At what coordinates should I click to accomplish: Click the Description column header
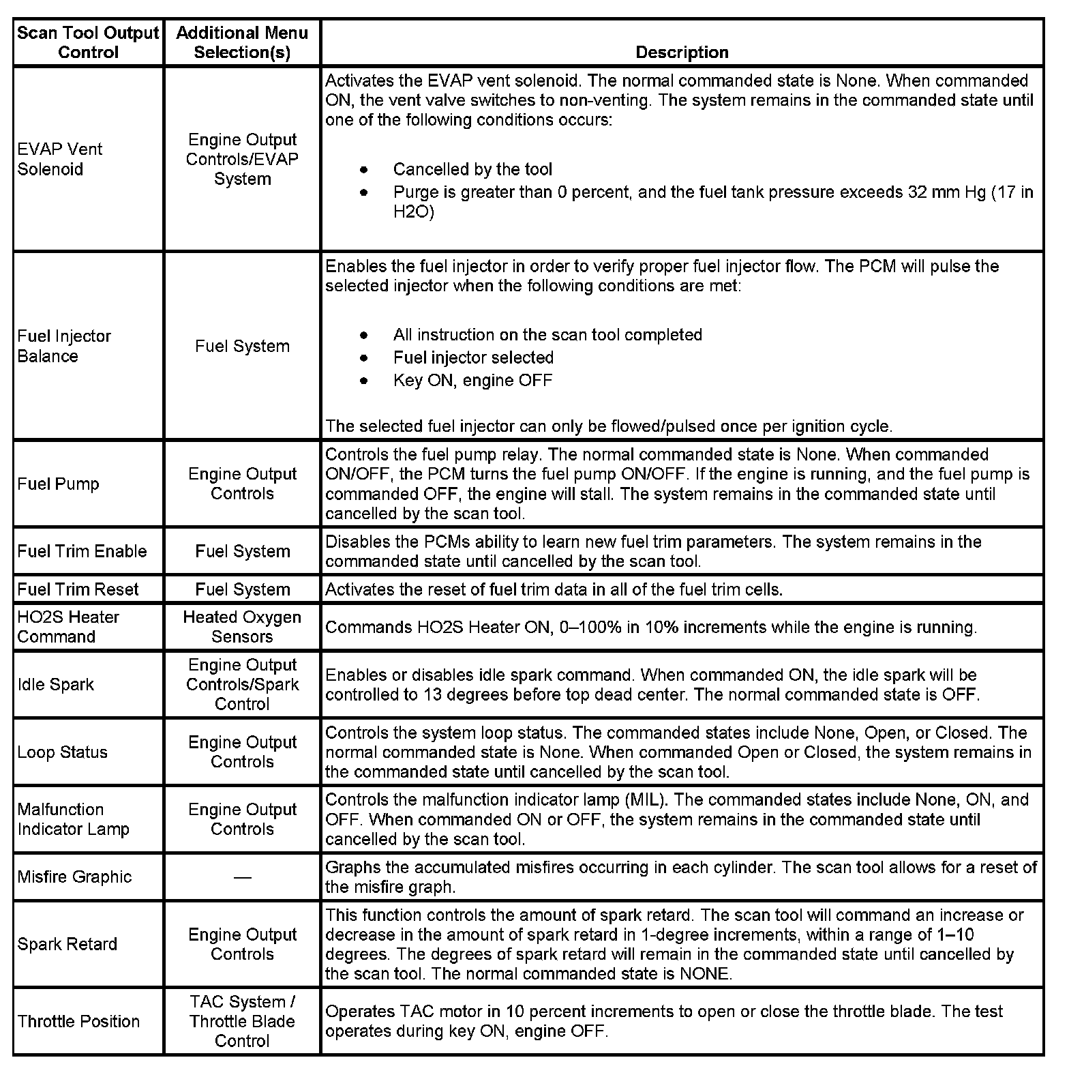[x=682, y=53]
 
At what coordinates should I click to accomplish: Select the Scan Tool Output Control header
[x=88, y=42]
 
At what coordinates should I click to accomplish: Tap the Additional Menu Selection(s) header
[x=242, y=42]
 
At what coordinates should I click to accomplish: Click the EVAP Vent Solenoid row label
[x=60, y=159]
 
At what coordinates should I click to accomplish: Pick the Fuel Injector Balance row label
[x=64, y=346]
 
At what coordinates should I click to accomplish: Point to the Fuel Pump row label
[x=59, y=484]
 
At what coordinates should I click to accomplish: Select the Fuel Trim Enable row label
[x=82, y=551]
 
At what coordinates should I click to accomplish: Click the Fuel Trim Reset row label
[x=78, y=589]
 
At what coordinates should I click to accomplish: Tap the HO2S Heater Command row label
[x=68, y=626]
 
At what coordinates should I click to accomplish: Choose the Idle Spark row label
[x=56, y=684]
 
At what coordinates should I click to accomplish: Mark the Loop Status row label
[x=63, y=752]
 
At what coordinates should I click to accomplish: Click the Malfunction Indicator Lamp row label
[x=74, y=819]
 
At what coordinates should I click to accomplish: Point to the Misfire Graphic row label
[x=75, y=877]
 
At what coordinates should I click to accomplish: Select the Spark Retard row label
[x=67, y=944]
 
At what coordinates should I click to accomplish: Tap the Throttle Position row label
[x=79, y=1021]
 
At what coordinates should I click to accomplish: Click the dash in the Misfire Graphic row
[x=242, y=877]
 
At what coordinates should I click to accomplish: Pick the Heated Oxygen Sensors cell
[x=242, y=626]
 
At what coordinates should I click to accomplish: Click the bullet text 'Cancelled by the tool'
[x=472, y=169]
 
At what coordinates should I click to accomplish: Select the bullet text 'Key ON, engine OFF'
[x=472, y=380]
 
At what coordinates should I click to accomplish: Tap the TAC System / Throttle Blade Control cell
[x=242, y=1021]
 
